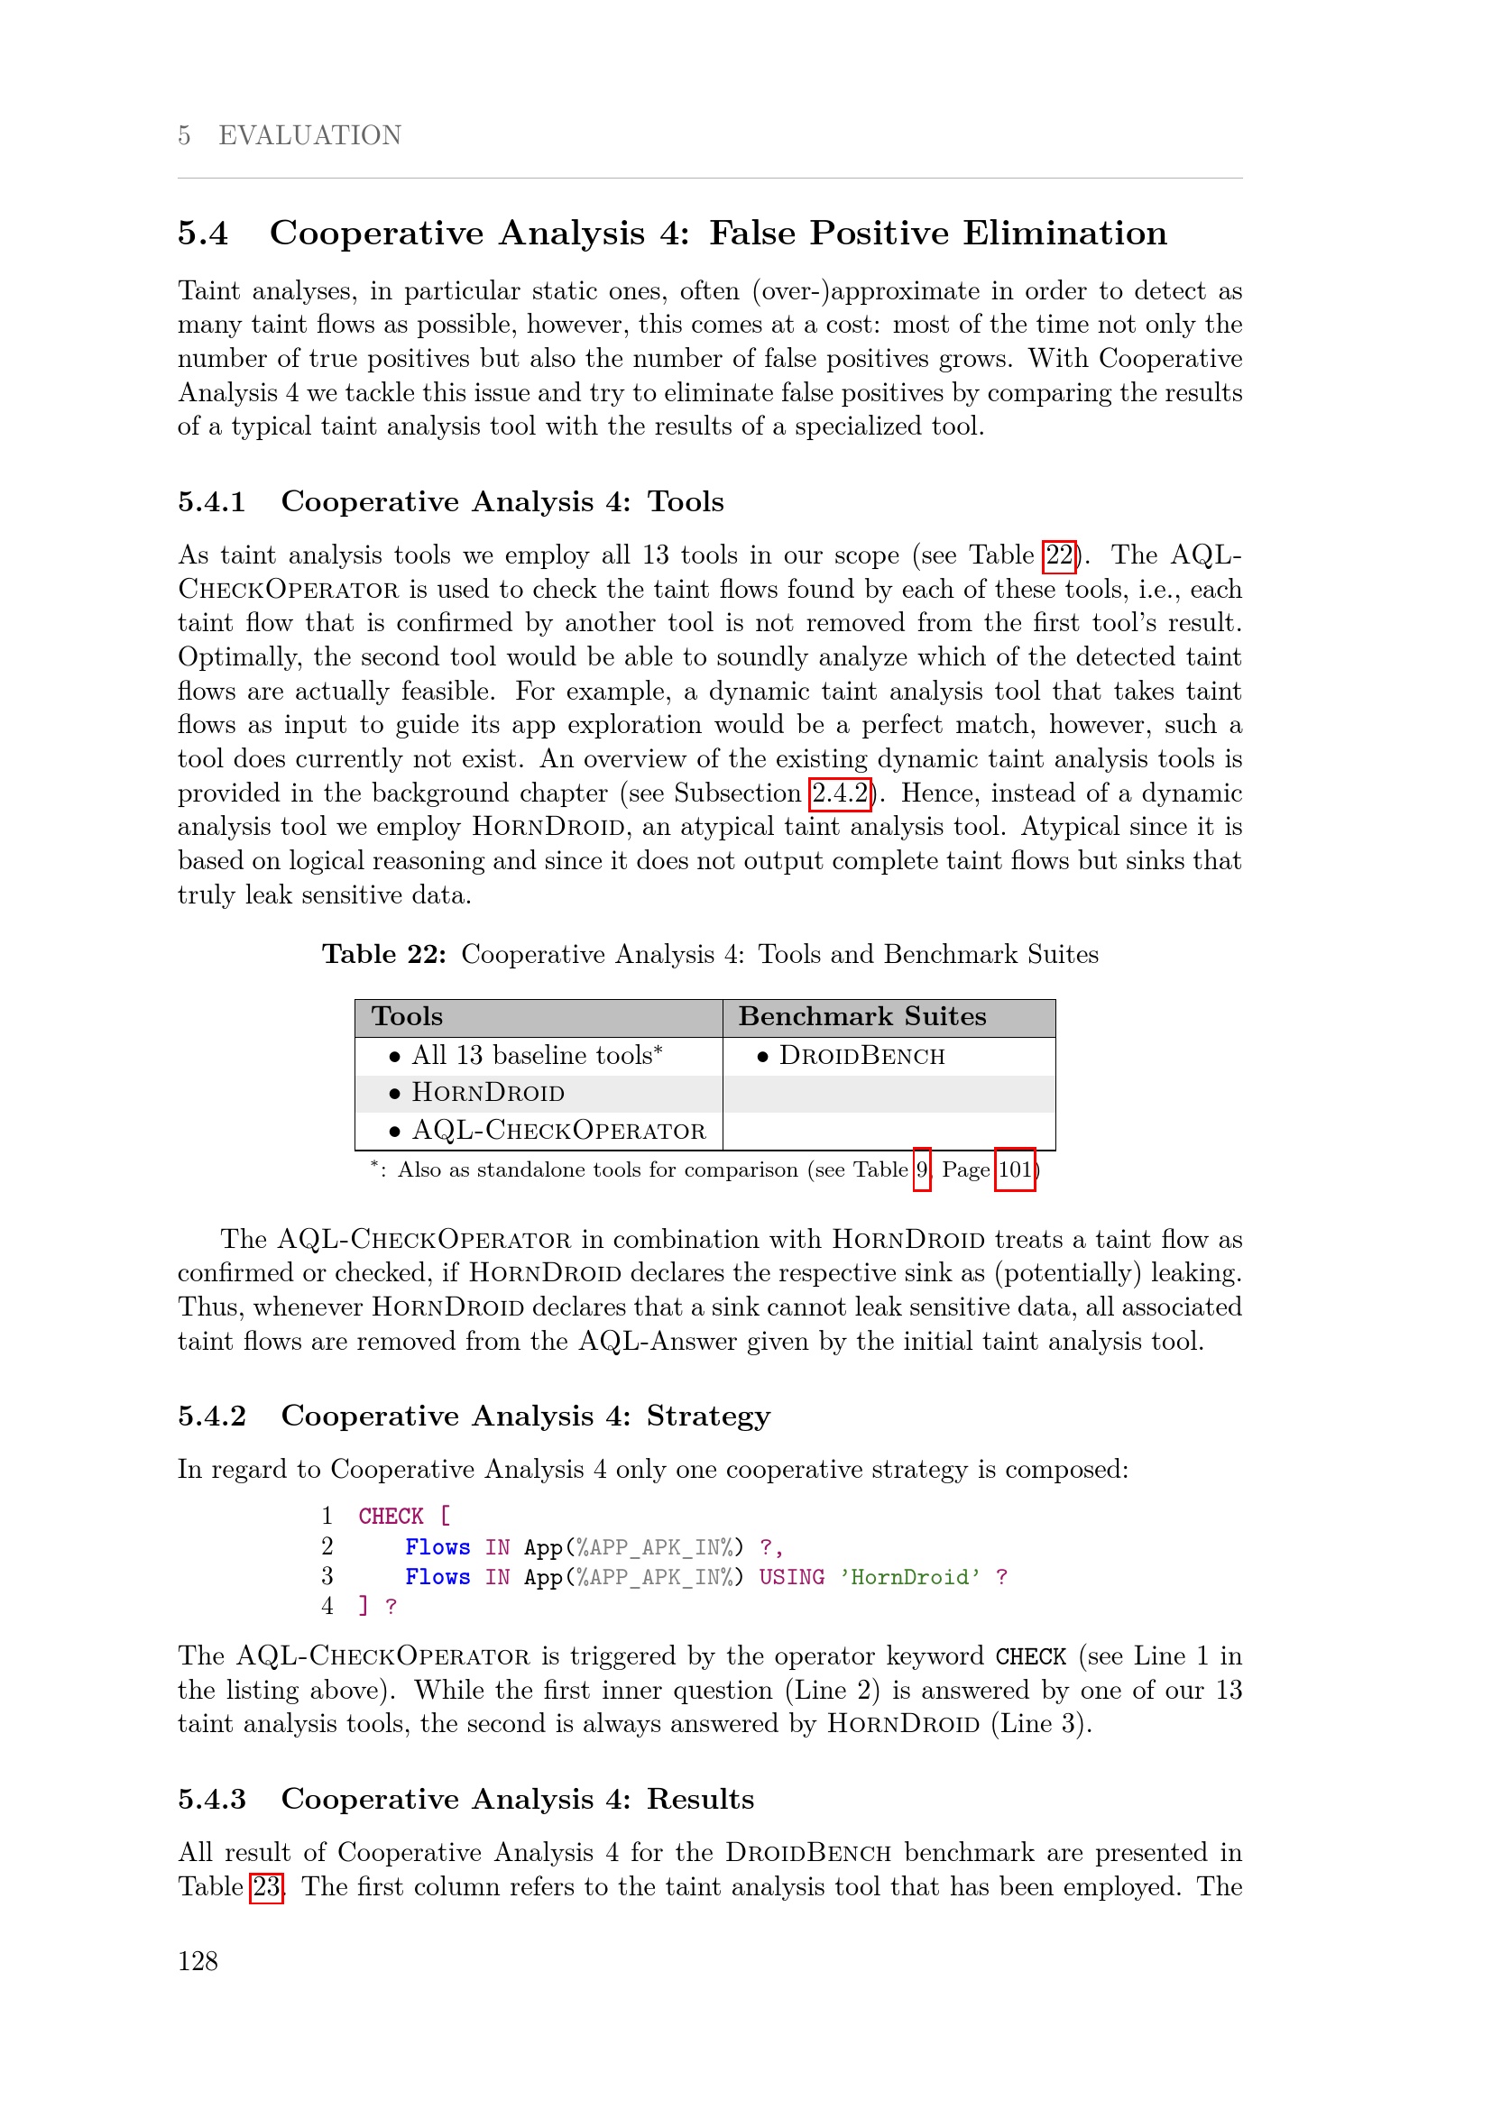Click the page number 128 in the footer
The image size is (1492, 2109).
pyautogui.click(x=198, y=1961)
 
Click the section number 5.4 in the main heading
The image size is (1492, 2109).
pyautogui.click(x=203, y=234)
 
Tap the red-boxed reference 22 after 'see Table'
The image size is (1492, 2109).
pyautogui.click(x=1059, y=555)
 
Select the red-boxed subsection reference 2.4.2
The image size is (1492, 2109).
pyautogui.click(x=840, y=793)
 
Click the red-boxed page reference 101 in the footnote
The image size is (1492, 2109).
pyautogui.click(x=1014, y=1169)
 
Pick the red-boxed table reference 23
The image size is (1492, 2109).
pyautogui.click(x=266, y=1885)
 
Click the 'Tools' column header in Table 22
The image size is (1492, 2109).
pyautogui.click(x=407, y=1016)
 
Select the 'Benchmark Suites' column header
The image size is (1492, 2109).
pyautogui.click(x=861, y=1016)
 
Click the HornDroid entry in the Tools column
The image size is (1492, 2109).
pyautogui.click(x=488, y=1093)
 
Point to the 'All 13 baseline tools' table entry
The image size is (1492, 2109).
pyautogui.click(x=537, y=1056)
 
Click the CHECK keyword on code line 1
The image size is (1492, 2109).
pyautogui.click(x=391, y=1517)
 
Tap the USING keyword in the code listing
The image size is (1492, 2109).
pyautogui.click(x=791, y=1577)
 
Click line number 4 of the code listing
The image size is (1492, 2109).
pyautogui.click(x=327, y=1606)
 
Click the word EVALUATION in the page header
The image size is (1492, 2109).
pyautogui.click(x=309, y=135)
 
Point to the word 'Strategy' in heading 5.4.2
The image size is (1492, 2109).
pyautogui.click(x=708, y=1416)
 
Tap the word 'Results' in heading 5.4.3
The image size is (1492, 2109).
pyautogui.click(x=700, y=1799)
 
